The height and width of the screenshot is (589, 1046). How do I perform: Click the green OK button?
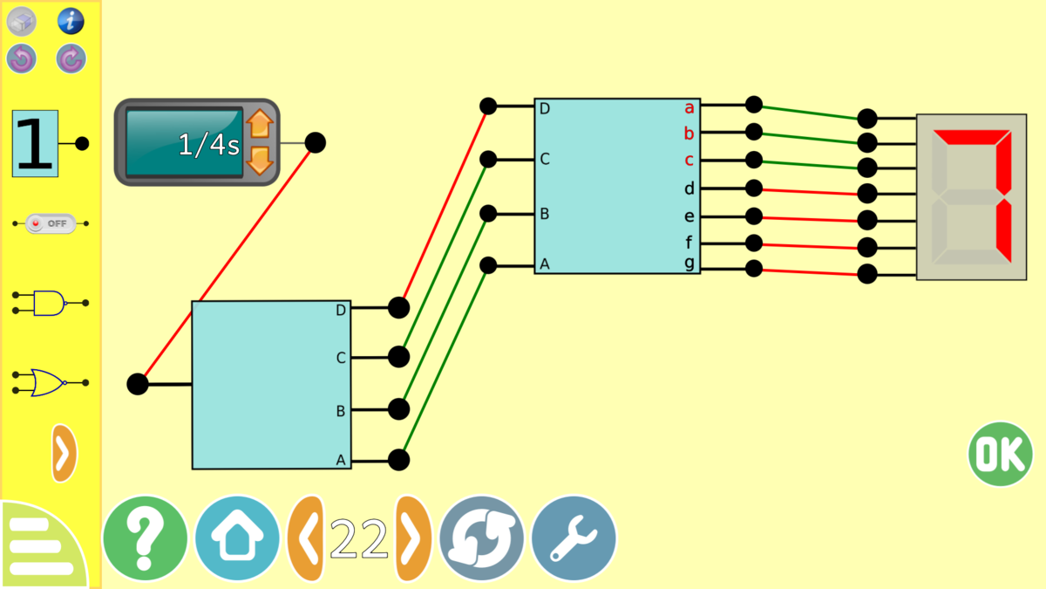coord(1000,454)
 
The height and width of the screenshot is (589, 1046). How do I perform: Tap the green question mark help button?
coord(146,538)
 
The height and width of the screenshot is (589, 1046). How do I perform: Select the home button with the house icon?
coord(237,538)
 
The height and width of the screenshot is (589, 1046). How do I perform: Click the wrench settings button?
coord(574,538)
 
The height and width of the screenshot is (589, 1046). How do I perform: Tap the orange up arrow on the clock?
coord(260,124)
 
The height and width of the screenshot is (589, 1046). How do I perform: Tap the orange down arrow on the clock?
coord(260,161)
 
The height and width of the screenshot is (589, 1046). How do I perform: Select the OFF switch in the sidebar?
coord(51,223)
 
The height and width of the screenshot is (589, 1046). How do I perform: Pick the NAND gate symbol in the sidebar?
coord(51,303)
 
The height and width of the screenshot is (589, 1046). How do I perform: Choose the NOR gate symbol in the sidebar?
coord(51,382)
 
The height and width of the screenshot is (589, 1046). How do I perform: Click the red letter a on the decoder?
coord(689,108)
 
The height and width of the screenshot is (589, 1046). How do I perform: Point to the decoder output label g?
coord(689,263)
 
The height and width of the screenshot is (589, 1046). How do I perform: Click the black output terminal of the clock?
coord(316,142)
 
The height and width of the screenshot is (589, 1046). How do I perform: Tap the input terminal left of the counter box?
coord(138,384)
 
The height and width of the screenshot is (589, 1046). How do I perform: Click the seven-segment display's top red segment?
coord(972,137)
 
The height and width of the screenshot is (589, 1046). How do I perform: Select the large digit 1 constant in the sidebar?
coord(35,143)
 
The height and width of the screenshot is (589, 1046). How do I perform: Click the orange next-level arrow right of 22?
coord(413,538)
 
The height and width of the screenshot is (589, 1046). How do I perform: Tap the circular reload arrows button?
coord(481,538)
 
